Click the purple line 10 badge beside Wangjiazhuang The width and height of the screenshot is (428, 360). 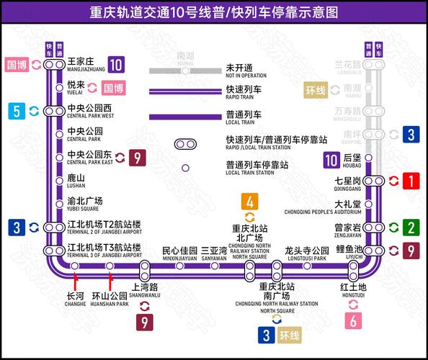click(116, 64)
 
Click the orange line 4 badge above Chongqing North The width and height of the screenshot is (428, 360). click(249, 202)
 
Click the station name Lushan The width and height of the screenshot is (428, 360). click(76, 180)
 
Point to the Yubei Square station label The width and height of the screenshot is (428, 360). click(84, 202)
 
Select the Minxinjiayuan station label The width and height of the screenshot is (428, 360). click(179, 253)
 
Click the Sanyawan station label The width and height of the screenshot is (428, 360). click(214, 253)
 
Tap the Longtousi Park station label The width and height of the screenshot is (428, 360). click(308, 253)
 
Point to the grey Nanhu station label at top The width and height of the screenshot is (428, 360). click(185, 58)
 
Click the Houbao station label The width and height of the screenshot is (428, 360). click(352, 159)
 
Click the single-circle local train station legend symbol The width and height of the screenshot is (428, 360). click(185, 168)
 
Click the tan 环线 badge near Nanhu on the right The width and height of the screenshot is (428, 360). click(316, 91)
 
